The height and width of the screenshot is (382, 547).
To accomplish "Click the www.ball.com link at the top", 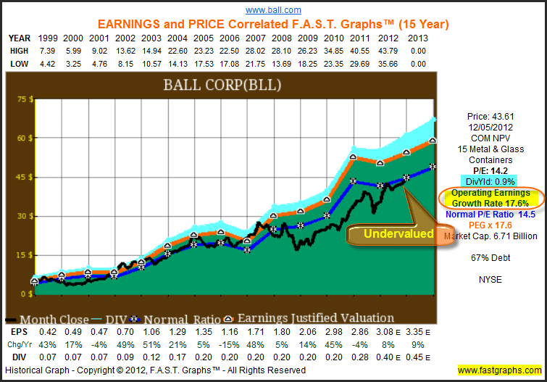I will click(273, 10).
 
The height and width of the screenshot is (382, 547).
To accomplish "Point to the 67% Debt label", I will click(489, 257).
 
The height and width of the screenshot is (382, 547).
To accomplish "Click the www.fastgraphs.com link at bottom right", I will click(499, 370).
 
